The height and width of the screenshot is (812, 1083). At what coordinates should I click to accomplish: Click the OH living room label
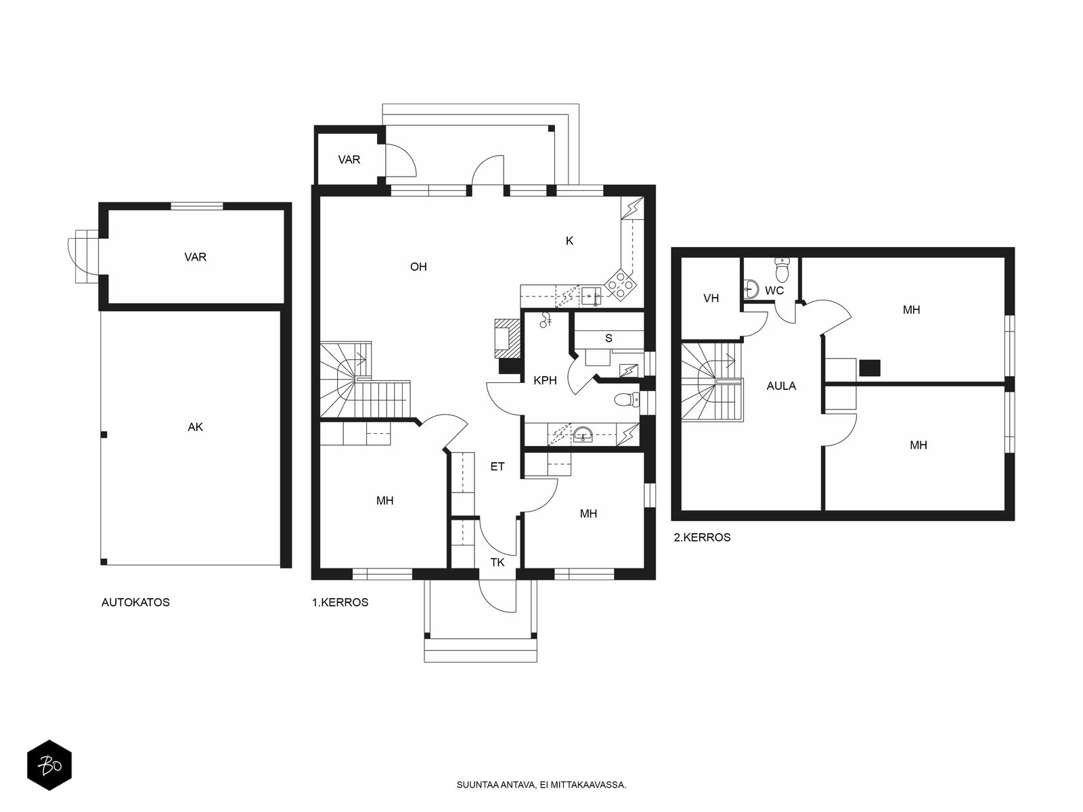[x=418, y=267]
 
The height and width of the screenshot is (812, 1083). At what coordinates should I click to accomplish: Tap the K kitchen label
[x=569, y=241]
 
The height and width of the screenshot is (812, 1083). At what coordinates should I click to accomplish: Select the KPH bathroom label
[x=545, y=380]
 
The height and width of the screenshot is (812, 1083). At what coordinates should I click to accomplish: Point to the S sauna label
[x=609, y=338]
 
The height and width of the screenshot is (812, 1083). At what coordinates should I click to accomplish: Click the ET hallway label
[x=498, y=466]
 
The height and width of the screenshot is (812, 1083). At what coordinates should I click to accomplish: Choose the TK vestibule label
[x=498, y=562]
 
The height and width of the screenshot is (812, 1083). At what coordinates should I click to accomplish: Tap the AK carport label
[x=196, y=427]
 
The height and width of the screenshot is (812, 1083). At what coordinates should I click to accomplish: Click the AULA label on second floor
[x=781, y=386]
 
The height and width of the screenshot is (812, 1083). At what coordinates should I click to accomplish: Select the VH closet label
[x=711, y=298]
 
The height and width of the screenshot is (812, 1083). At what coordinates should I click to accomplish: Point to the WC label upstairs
[x=774, y=291]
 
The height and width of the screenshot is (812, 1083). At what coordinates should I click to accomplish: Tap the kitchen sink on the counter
[x=591, y=296]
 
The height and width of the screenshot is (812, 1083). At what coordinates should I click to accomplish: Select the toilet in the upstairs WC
[x=782, y=269]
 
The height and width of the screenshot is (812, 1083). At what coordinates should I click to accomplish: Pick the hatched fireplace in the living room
[x=507, y=338]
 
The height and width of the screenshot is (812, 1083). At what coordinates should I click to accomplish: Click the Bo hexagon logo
[x=49, y=765]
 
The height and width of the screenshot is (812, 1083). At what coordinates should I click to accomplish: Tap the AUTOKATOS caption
[x=135, y=602]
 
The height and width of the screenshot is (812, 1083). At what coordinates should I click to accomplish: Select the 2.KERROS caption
[x=702, y=537]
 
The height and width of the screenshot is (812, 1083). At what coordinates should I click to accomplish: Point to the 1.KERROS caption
[x=340, y=602]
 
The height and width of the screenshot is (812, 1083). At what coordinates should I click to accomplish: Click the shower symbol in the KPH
[x=545, y=320]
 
